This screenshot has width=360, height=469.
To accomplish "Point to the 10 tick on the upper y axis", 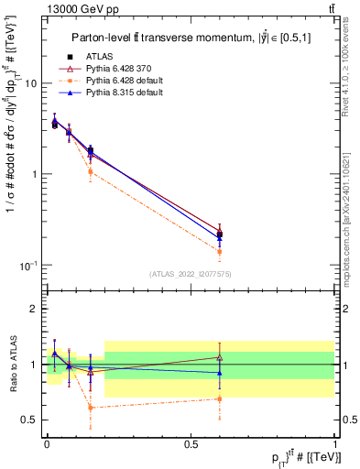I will pos(30,83).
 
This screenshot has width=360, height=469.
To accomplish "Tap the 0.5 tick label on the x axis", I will pos(191,442).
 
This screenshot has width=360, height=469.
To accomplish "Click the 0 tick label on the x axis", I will pos(47,442).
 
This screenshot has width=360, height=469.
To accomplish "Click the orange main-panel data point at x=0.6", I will pos(219,251).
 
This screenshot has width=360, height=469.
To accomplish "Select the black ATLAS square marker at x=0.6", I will pos(219,234).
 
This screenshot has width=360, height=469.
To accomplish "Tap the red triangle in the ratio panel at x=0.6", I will pos(219,357).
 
